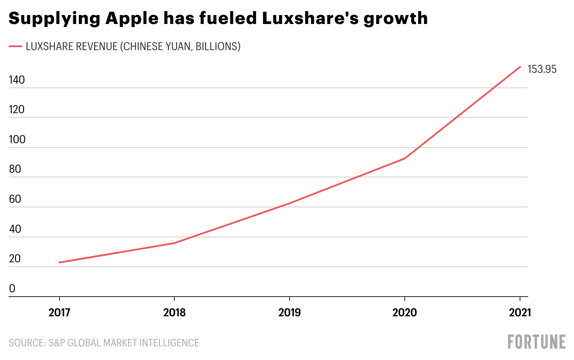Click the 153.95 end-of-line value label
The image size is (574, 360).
[542, 69]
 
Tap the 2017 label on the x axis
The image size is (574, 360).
[60, 312]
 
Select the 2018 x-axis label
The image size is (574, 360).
[174, 312]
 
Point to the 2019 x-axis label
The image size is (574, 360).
[290, 312]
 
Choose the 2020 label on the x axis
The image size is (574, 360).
[404, 312]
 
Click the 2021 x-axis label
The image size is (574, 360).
[519, 312]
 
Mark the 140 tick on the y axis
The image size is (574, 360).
[17, 80]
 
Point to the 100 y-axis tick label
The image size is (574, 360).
[17, 140]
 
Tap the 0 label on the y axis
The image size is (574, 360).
[12, 289]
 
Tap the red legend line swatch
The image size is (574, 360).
[15, 47]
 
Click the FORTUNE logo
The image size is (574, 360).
[536, 342]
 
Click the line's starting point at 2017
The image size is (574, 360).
[60, 262]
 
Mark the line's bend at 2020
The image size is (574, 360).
[404, 158]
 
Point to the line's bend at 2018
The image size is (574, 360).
[174, 243]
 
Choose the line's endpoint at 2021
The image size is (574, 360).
[520, 67]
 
